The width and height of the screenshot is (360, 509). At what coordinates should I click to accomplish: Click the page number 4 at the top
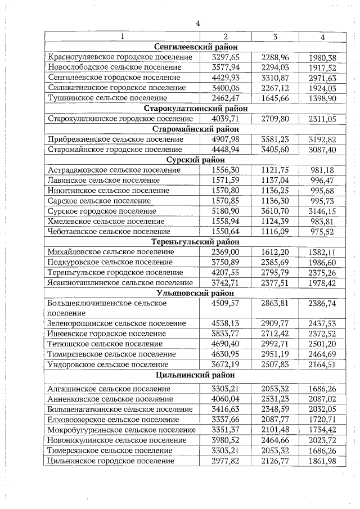pos(197,24)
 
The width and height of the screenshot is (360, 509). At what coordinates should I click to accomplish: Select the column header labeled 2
pos(225,37)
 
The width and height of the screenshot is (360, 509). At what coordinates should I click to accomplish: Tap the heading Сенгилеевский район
pos(196,47)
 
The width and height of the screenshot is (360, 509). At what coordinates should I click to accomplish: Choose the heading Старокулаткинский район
pos(196,108)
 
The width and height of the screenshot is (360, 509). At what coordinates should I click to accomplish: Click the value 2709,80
pos(275,119)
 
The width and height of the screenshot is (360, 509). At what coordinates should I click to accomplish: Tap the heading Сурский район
pos(196,160)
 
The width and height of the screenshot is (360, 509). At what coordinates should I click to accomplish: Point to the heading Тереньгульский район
pos(196,242)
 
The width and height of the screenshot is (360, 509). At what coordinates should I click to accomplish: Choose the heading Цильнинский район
pos(196,375)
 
